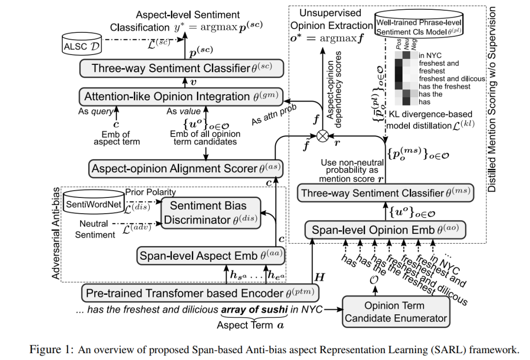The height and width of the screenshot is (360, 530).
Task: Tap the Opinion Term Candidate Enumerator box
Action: pos(396,311)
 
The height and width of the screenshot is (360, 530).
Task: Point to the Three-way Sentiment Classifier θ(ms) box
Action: pos(385,193)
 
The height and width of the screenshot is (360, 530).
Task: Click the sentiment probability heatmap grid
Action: pos(406,78)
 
